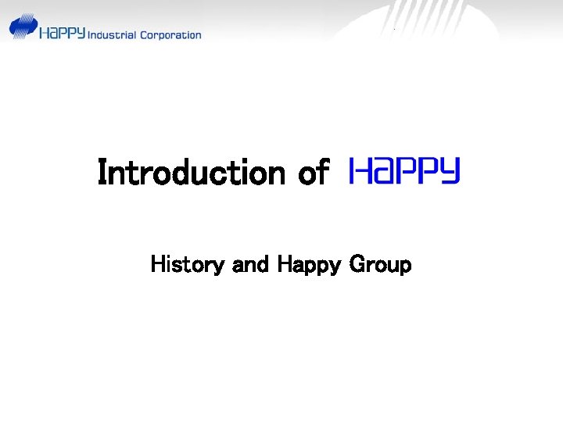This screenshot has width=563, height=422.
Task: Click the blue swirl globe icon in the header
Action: click(x=23, y=27)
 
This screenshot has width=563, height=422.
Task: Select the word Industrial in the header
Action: click(x=112, y=34)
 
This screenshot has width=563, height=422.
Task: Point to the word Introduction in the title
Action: click(x=192, y=172)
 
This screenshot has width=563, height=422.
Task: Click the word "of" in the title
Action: click(x=313, y=172)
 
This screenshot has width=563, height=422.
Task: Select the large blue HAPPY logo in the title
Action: click(x=404, y=170)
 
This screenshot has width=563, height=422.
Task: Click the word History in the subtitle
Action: click(x=187, y=265)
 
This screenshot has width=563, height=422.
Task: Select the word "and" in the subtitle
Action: click(x=250, y=265)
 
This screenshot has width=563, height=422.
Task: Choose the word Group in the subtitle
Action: click(x=380, y=266)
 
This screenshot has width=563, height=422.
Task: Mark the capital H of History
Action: click(x=157, y=265)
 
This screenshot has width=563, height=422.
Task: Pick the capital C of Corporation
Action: click(x=142, y=34)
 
